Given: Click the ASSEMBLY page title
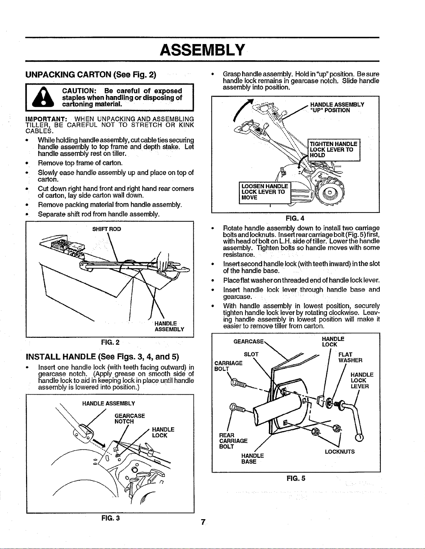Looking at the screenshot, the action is click(x=203, y=50).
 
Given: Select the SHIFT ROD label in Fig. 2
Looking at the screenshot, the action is click(x=107, y=229).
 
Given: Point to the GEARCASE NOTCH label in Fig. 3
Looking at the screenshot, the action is click(x=130, y=418).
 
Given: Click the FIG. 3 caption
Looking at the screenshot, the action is click(x=111, y=518).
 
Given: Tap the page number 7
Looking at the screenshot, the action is click(x=203, y=522).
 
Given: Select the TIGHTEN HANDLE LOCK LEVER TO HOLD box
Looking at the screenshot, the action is click(x=334, y=150).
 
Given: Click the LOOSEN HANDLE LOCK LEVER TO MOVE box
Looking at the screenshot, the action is click(x=265, y=192).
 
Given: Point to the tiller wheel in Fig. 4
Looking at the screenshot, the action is click(x=329, y=192).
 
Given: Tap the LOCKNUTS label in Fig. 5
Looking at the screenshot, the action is click(x=340, y=452).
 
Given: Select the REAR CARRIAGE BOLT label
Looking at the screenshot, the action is click(x=233, y=441).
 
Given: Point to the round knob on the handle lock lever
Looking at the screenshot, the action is click(x=359, y=438).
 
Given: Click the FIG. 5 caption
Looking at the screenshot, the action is click(x=296, y=478).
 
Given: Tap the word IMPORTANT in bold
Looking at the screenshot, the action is click(x=46, y=119).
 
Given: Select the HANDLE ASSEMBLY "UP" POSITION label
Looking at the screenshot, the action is click(x=337, y=108).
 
